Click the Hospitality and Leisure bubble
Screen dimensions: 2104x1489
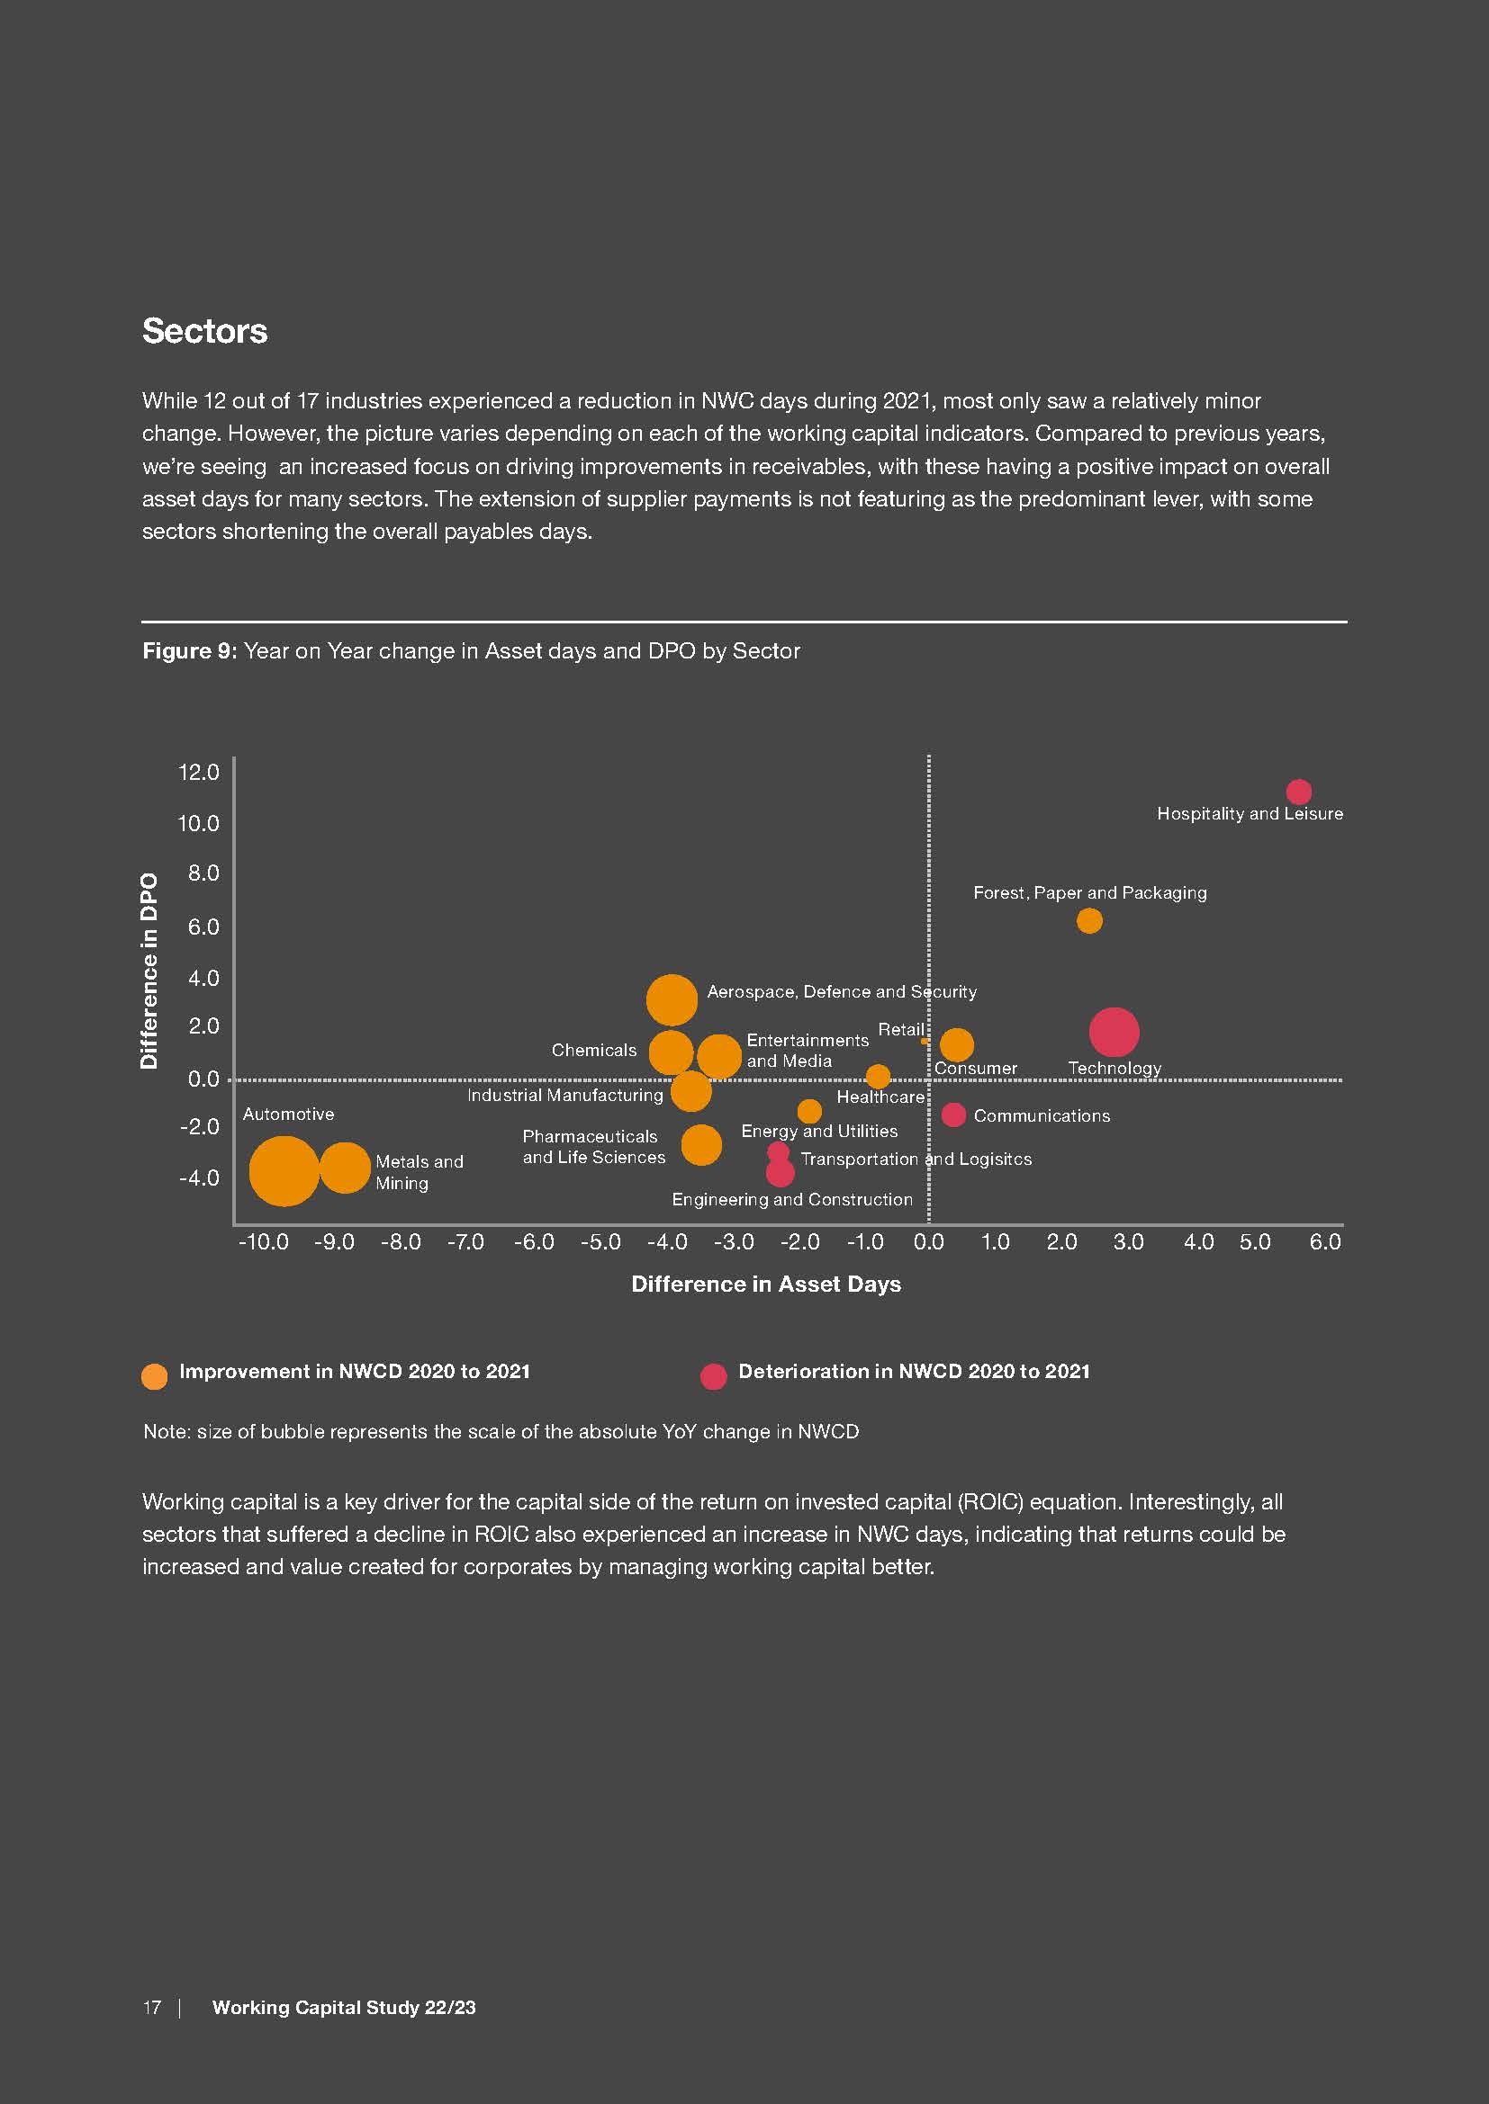[1298, 791]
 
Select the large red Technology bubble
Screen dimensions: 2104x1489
[1114, 1032]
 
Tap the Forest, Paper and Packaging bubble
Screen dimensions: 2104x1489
[1089, 920]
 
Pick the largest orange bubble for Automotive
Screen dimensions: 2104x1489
[284, 1170]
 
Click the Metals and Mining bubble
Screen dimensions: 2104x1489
[344, 1168]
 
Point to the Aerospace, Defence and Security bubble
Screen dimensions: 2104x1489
[672, 999]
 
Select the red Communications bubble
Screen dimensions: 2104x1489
[953, 1115]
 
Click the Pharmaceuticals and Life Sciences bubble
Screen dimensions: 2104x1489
[701, 1144]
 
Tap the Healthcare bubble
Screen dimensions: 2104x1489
[879, 1076]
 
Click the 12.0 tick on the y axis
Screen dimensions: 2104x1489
[199, 773]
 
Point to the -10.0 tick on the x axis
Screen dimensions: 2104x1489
[263, 1241]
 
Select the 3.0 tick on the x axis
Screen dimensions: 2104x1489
[1128, 1241]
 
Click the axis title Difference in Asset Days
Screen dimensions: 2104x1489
[765, 1284]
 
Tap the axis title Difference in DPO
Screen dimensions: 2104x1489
[149, 971]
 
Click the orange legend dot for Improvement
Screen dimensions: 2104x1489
[155, 1376]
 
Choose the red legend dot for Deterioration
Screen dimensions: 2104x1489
[713, 1376]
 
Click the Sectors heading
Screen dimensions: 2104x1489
[204, 331]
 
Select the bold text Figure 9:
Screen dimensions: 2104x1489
[190, 650]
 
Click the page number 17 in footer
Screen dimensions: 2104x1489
[151, 2007]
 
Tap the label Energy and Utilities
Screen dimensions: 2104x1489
[818, 1131]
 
